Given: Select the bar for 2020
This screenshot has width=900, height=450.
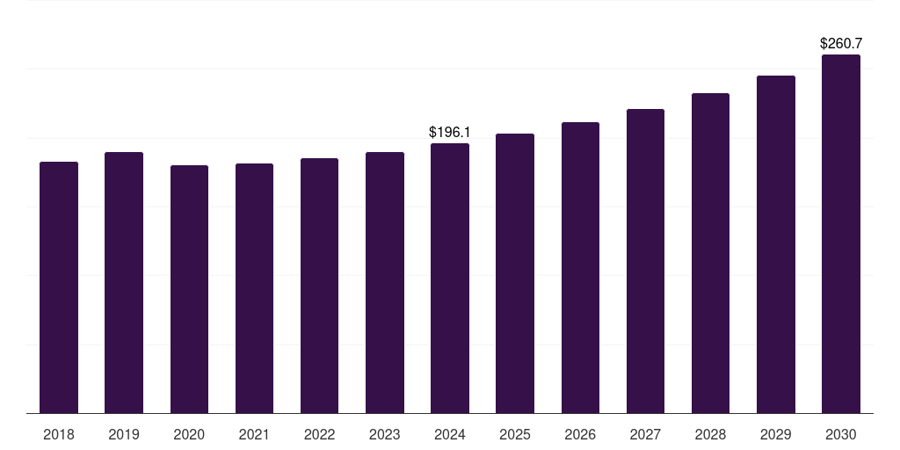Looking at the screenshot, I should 189,289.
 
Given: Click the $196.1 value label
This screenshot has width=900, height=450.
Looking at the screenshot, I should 450,133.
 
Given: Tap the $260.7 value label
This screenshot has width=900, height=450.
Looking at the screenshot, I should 841,43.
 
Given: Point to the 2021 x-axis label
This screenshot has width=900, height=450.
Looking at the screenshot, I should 254,434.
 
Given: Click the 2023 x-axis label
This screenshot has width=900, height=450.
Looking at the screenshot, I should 385,434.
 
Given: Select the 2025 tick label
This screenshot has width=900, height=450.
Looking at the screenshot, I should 515,434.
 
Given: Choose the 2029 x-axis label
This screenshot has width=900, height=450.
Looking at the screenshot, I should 775,434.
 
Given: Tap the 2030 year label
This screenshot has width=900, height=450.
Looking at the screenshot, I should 841,434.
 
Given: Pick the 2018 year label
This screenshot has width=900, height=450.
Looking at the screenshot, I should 59,434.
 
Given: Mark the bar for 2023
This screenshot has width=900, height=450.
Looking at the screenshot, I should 385,282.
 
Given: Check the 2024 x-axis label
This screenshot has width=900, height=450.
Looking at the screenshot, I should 450,434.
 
